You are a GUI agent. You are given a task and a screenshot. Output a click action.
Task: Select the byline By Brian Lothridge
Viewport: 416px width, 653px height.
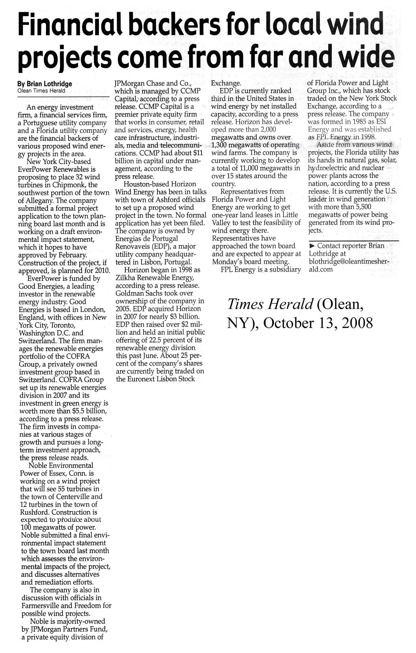click(x=45, y=84)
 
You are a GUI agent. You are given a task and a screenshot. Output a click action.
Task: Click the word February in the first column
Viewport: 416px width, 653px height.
click(x=71, y=255)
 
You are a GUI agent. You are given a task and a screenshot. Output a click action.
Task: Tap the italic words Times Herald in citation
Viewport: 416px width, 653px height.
click(x=270, y=304)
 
